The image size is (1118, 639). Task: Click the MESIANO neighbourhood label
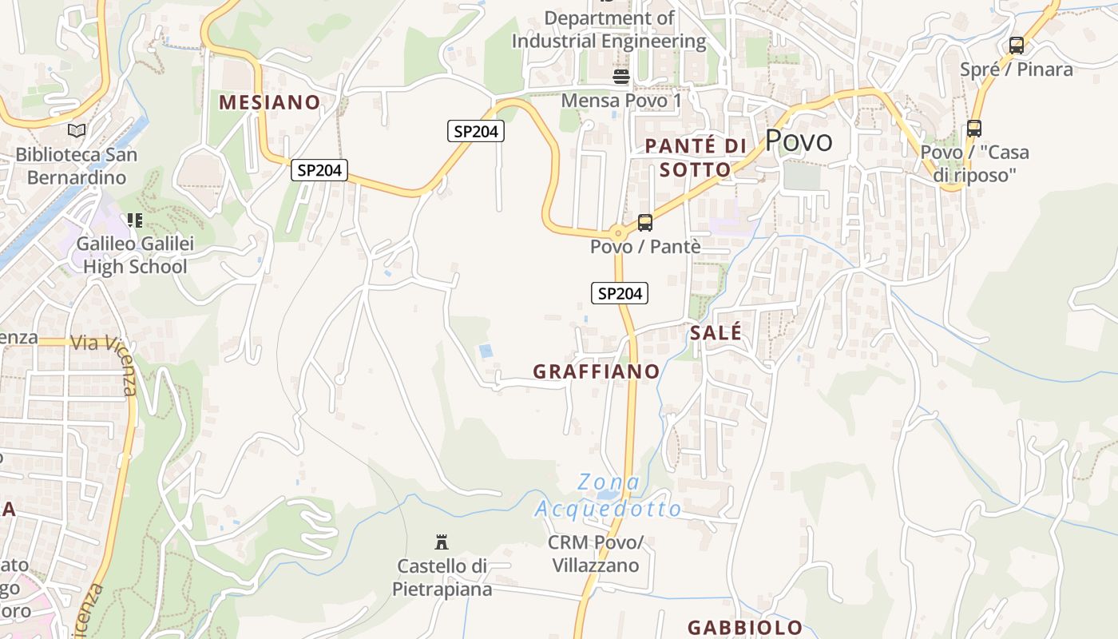[269, 102]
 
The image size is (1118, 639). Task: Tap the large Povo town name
[799, 141]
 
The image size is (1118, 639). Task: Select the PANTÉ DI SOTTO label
[696, 157]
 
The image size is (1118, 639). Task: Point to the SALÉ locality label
[716, 332]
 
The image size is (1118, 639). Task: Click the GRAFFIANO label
[597, 371]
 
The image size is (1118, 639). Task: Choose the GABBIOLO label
[745, 627]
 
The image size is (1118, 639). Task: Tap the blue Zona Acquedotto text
[609, 495]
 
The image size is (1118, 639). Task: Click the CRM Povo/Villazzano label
[596, 554]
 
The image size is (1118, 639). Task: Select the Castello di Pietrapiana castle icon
[441, 542]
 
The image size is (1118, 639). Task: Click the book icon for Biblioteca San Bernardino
[77, 129]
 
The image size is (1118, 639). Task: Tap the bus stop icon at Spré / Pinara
[1016, 46]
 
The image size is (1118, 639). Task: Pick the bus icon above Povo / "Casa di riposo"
[973, 128]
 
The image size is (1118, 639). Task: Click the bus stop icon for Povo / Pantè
[644, 223]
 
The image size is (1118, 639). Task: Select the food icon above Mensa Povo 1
[620, 77]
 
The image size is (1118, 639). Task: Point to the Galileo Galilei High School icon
[134, 220]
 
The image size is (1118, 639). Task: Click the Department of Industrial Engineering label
[609, 29]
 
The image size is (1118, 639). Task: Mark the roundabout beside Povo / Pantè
[617, 233]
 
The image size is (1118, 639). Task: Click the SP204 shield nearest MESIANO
[319, 169]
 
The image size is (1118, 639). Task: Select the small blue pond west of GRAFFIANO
[485, 351]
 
